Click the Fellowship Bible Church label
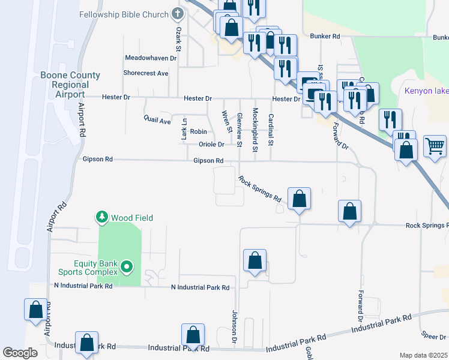pyautogui.click(x=124, y=13)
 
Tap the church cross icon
pyautogui.click(x=177, y=13)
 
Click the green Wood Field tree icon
pyautogui.click(x=103, y=217)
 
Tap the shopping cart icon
pyautogui.click(x=435, y=145)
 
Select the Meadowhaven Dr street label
pyautogui.click(x=151, y=58)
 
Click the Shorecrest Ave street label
pyautogui.click(x=146, y=73)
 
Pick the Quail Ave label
pyautogui.click(x=158, y=120)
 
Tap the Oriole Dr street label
pyautogui.click(x=211, y=144)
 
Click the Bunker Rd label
pyautogui.click(x=325, y=36)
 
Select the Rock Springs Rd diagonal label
pyautogui.click(x=260, y=188)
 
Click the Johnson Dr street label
pyautogui.click(x=235, y=328)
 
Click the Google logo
pyautogui.click(x=20, y=353)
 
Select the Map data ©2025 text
pyautogui.click(x=423, y=355)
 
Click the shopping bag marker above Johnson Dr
pyautogui.click(x=255, y=261)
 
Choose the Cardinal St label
pyautogui.click(x=271, y=130)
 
